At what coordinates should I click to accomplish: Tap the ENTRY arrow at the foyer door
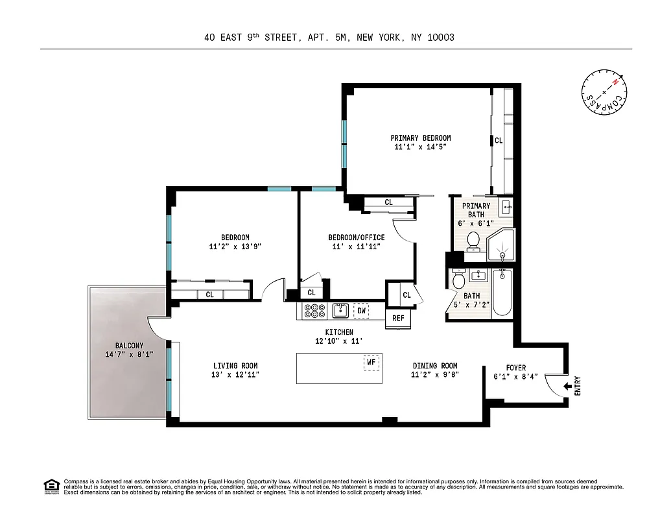[x=569, y=386]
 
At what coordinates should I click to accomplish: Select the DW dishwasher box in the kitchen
[x=361, y=311]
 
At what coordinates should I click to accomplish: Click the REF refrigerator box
[x=398, y=318]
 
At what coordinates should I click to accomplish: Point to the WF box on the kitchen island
[x=371, y=362]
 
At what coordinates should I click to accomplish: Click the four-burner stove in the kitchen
[x=314, y=311]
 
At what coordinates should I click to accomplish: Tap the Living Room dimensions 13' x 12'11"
[x=236, y=374]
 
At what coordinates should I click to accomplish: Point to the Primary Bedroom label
[x=420, y=138]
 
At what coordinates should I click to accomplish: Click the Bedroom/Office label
[x=356, y=237]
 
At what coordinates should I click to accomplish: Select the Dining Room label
[x=434, y=366]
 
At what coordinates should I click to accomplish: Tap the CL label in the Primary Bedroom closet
[x=499, y=140]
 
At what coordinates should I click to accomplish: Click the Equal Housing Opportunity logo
[x=50, y=486]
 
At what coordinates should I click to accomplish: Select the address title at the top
[x=329, y=38]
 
